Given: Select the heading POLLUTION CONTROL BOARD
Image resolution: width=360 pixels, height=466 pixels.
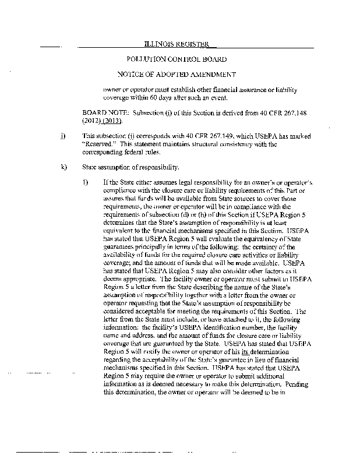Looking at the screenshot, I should [x=177, y=59].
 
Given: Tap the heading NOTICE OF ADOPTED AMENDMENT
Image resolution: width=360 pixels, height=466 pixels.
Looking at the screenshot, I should [x=177, y=75].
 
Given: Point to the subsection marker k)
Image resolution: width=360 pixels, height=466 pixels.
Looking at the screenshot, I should [x=62, y=168].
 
